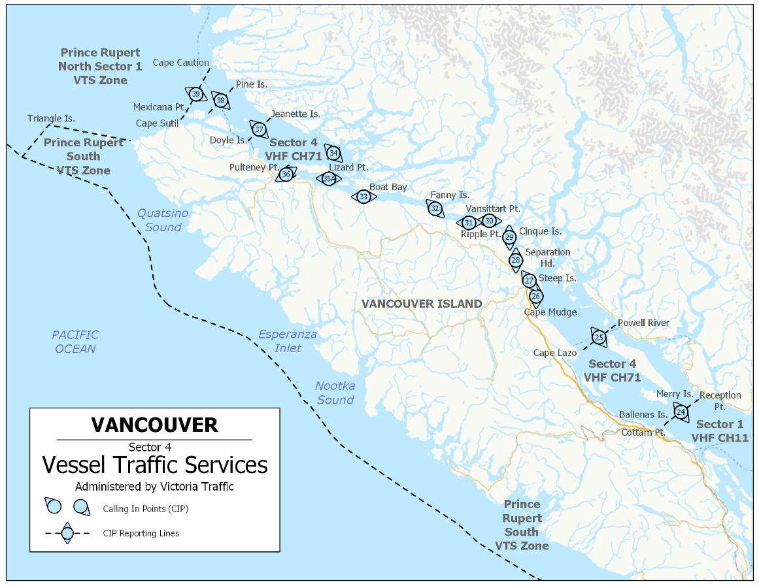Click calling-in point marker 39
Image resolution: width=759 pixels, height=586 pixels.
coord(195,94)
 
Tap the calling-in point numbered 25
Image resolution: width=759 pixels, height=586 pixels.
coord(599,337)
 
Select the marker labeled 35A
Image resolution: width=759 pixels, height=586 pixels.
coord(328,178)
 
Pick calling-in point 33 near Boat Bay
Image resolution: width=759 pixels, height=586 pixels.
coord(363,196)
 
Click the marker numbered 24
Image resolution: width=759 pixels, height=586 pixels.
coord(681,412)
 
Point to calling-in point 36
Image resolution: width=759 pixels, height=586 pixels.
coord(286,174)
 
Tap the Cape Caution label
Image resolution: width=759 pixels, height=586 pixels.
coord(181,63)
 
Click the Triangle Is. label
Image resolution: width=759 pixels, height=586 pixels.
coord(51,118)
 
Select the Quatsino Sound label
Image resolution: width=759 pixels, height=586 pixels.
coord(163,220)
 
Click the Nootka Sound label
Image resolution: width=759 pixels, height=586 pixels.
coord(335,393)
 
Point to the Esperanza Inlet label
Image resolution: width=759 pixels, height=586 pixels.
coord(288,341)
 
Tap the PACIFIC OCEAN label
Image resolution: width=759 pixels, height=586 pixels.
coord(75,342)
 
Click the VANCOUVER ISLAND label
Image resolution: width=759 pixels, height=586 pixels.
coord(422,304)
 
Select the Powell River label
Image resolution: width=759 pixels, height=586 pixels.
coord(644,323)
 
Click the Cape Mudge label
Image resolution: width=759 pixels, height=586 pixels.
coord(550,312)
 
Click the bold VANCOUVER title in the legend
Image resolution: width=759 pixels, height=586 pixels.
coord(154,425)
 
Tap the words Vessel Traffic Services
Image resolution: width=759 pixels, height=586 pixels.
coord(155,465)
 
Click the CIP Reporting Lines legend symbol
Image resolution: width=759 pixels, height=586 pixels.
coord(67,533)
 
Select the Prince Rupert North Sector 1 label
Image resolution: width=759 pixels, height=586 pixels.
coord(100,66)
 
